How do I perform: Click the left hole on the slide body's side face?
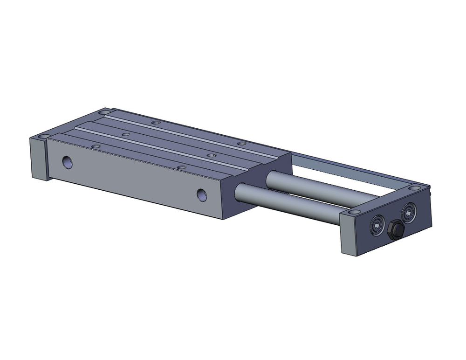point(68,162)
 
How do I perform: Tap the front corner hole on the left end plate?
point(43,136)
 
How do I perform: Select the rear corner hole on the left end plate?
point(105,113)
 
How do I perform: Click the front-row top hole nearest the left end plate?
point(96,146)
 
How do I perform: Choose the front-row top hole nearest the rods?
point(182,166)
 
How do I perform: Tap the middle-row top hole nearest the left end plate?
point(124,134)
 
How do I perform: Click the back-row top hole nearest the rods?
point(241,143)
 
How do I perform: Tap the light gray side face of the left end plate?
point(37,159)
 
